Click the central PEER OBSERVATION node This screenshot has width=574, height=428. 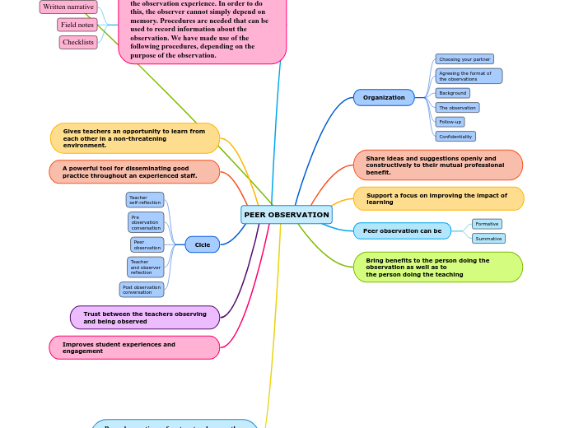tap(287, 215)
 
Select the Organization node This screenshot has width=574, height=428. tap(384, 98)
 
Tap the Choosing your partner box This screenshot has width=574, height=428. tap(464, 59)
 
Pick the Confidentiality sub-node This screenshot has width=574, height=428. tap(455, 137)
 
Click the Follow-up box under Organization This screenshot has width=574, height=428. tap(450, 122)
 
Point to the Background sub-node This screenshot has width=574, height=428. tap(452, 93)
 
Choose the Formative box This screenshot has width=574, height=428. tap(487, 224)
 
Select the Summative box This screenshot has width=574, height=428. tap(488, 239)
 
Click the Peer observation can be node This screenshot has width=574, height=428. tap(402, 230)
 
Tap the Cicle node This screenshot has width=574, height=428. tap(202, 244)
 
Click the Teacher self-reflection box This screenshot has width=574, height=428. tap(145, 200)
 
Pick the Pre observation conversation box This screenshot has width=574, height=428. tap(146, 222)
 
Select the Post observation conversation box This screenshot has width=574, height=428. tap(142, 290)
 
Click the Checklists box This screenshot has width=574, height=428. tap(78, 42)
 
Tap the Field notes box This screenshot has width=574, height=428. tap(77, 25)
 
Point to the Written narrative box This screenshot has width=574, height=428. tap(68, 7)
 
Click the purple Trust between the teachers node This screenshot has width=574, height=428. tap(145, 318)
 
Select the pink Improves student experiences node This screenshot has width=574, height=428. tap(134, 347)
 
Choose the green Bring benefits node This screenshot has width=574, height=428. tap(438, 267)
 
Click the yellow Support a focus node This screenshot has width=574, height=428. tap(438, 198)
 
